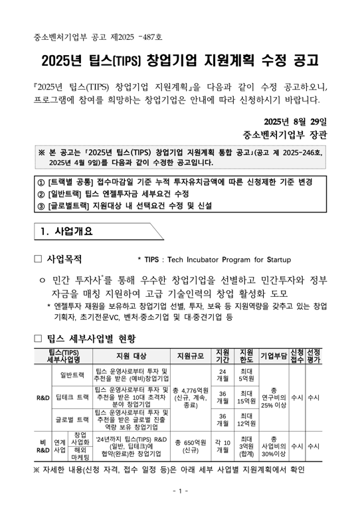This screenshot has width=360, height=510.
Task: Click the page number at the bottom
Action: coord(179,491)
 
